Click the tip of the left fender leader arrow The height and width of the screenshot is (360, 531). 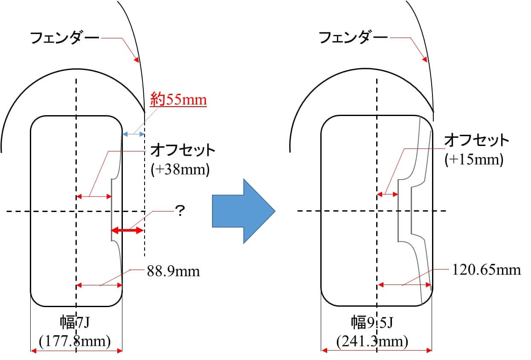(138, 62)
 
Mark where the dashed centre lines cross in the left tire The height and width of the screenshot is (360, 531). (76, 211)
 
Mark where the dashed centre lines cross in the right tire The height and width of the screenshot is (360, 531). (377, 211)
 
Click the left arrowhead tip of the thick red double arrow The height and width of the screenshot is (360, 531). (111, 230)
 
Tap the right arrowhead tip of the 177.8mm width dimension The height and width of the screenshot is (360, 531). (122, 351)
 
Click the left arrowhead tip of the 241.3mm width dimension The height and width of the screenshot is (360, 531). (322, 351)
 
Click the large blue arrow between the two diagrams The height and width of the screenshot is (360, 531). (244, 211)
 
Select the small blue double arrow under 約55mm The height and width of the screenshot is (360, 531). (133, 134)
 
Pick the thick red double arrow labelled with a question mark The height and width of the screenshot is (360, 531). (127, 230)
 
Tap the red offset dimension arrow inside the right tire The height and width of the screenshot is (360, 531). (387, 195)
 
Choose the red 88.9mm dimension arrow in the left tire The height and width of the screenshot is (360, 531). (99, 285)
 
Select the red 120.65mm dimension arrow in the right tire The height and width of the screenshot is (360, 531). (404, 285)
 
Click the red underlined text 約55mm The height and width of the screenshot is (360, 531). (178, 100)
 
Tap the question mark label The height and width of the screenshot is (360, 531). (180, 210)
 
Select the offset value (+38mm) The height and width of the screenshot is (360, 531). (180, 170)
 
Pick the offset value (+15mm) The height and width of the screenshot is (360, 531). (474, 160)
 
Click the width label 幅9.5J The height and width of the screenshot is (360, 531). (372, 322)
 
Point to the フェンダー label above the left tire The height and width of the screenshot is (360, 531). (64, 38)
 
